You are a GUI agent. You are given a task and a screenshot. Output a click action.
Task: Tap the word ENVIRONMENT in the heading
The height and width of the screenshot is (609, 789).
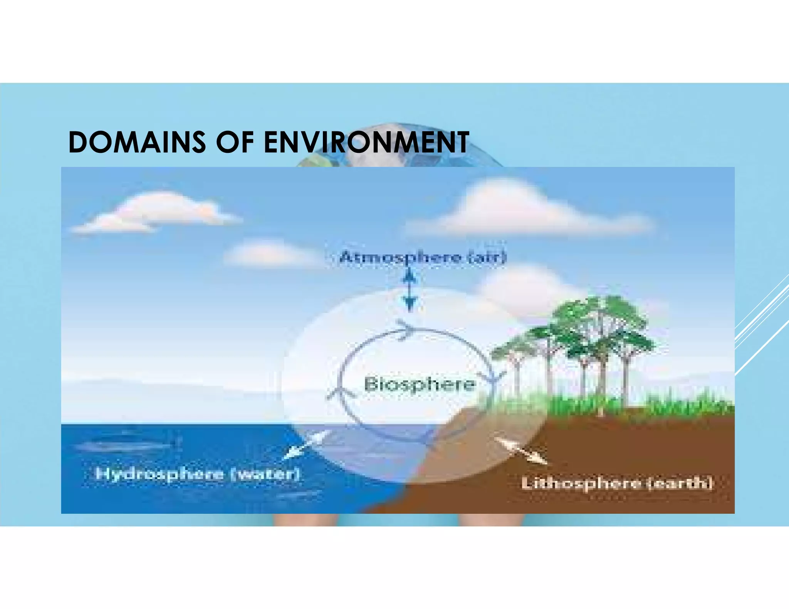pos(366,142)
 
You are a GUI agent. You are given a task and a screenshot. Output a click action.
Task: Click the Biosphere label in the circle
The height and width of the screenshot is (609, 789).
pos(420,384)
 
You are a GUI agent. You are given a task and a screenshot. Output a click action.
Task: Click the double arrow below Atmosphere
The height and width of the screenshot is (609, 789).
pos(410,289)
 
